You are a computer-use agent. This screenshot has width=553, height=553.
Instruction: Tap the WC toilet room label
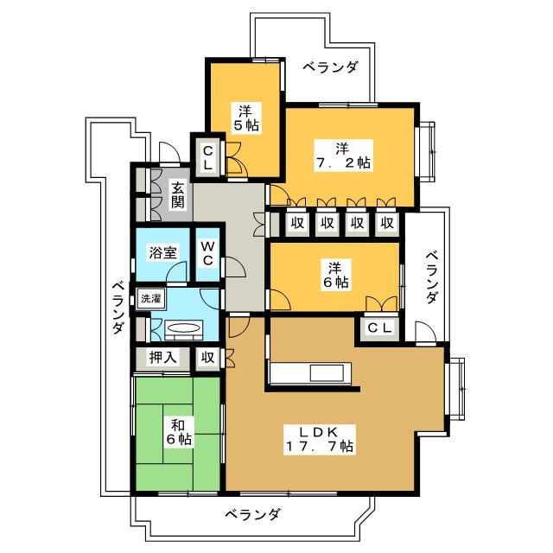(207, 253)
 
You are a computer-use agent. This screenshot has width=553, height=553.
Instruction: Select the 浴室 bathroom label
(162, 252)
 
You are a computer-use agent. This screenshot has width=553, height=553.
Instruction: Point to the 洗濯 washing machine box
(151, 299)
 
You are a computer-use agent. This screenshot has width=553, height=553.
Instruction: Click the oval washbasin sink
(183, 327)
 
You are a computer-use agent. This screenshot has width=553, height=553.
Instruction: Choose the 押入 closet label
(162, 357)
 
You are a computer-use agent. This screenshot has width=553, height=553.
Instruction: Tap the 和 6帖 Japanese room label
(179, 432)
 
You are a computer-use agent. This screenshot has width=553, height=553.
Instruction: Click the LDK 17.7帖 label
(319, 439)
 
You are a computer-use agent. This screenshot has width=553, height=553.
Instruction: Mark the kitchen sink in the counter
(327, 373)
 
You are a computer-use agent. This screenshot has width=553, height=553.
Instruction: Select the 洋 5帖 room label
(245, 118)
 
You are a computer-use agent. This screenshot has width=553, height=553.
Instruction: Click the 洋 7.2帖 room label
(342, 156)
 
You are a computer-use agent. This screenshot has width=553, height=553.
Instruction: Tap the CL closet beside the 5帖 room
(208, 158)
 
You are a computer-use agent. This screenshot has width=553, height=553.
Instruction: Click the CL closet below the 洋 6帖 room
(379, 328)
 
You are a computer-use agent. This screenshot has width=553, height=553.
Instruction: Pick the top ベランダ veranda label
(331, 67)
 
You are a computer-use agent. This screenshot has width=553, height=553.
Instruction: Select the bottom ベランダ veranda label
(253, 515)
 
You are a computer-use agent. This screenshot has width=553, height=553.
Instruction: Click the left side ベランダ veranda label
(118, 308)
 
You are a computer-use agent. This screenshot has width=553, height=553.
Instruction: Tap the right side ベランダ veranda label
(432, 276)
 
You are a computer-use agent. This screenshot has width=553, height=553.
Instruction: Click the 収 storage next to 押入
(207, 358)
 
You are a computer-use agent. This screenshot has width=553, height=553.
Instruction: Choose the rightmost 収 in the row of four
(387, 223)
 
